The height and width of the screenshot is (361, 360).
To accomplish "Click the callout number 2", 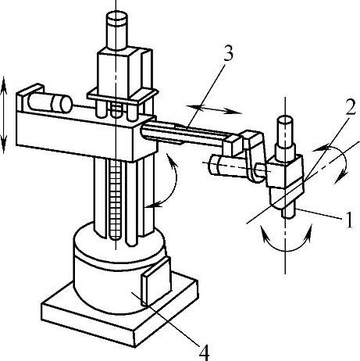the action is pos(350,106).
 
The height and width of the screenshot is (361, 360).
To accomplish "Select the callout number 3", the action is pos(228,53).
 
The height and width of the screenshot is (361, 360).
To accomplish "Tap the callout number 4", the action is pos(204,352).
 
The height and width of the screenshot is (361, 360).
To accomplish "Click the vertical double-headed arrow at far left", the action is pos(4,115).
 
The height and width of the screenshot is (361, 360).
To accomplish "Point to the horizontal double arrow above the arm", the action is pos(214,109).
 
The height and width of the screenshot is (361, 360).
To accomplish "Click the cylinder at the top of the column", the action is pos(117,30).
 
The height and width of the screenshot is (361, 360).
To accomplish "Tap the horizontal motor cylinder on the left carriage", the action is pos(50,102).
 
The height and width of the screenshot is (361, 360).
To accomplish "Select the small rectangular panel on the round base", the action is pos(155,281).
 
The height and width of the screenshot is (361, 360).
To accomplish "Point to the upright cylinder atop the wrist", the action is pos(286,135).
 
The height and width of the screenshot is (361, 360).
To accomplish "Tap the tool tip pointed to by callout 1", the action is pos(288,210).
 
